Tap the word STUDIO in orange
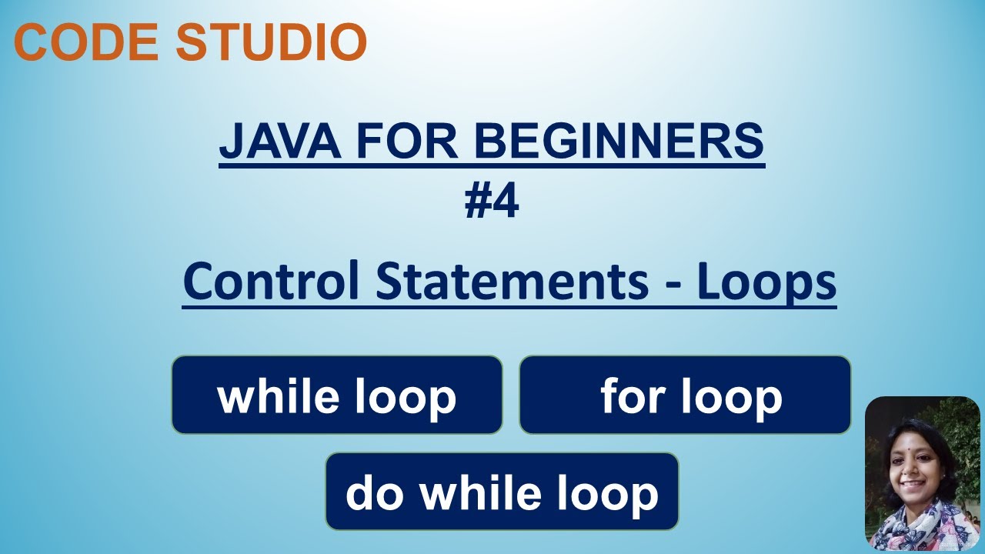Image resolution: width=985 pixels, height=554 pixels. coord(271,42)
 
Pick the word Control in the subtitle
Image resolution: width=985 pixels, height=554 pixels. coord(271,282)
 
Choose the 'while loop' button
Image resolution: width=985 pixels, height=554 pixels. coord(337,395)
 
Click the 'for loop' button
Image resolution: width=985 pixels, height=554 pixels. coord(685,395)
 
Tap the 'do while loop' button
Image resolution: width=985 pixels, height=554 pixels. coord(502,492)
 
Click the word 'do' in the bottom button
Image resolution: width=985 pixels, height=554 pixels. coord(376,492)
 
